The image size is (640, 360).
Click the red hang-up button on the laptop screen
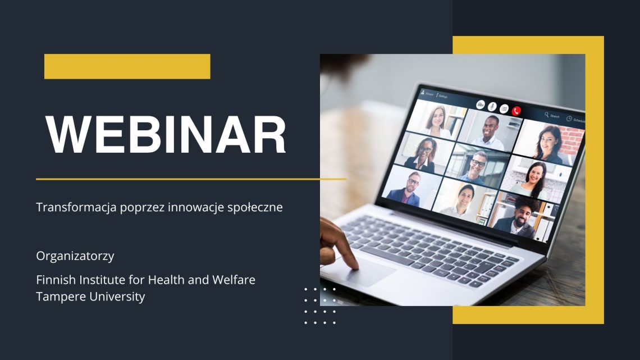pyautogui.click(x=516, y=111)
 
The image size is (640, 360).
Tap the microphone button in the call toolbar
pyautogui.click(x=492, y=107)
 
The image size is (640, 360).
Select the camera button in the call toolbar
pyautogui.click(x=481, y=105)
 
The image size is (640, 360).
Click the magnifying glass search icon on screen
pyautogui.click(x=547, y=115)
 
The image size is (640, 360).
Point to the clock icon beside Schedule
pyautogui.click(x=569, y=119)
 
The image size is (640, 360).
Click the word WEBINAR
pyautogui.click(x=166, y=135)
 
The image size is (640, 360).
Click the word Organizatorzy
pyautogui.click(x=75, y=256)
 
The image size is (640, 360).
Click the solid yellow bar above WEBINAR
pyautogui.click(x=127, y=66)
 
